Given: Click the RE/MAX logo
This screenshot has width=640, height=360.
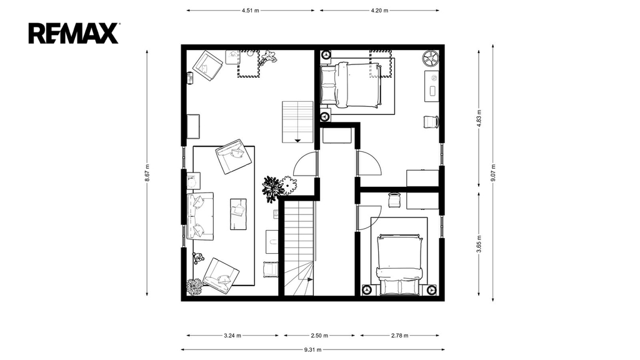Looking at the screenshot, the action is [74, 34].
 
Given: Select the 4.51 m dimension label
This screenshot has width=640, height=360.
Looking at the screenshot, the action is [250, 11].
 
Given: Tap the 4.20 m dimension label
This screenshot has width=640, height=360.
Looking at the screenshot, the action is [379, 11].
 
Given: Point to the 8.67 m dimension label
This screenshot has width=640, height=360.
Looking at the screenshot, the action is [147, 172].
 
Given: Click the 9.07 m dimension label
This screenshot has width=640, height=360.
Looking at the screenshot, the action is [493, 172].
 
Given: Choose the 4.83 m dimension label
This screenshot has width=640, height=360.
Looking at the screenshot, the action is [479, 117].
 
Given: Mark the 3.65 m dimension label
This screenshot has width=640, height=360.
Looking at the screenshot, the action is [479, 244].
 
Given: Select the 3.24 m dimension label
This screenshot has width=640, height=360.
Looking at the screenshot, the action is [232, 336].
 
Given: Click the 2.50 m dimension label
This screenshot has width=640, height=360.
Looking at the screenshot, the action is [319, 336].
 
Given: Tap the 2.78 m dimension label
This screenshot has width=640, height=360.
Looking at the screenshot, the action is [399, 336].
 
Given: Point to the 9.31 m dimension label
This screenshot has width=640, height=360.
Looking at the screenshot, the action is [312, 349].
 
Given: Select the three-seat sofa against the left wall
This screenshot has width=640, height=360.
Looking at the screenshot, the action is [200, 216].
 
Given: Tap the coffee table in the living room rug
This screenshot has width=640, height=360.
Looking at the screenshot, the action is [238, 214].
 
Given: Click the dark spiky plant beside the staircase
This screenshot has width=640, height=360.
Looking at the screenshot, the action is [272, 189].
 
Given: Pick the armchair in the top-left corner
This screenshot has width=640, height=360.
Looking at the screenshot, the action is [207, 65].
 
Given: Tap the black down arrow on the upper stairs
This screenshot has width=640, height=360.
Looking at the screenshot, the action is [297, 141].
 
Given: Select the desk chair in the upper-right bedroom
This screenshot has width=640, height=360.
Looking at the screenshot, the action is [431, 122].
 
